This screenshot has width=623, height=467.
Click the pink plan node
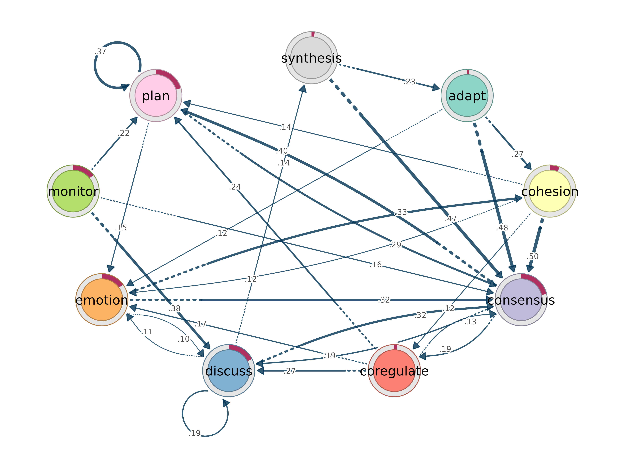(x=156, y=95)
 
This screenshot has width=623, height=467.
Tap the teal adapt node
(x=467, y=95)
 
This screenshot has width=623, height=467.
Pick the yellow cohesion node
(x=550, y=191)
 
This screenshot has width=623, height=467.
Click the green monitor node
(x=73, y=191)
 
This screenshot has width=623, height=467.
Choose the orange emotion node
(x=102, y=300)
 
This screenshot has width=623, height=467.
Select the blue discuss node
(x=229, y=371)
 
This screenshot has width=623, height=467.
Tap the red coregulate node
(x=394, y=371)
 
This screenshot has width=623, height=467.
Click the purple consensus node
(x=521, y=300)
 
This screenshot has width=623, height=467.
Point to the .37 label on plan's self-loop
(x=100, y=51)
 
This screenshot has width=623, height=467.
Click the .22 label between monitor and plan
(x=124, y=133)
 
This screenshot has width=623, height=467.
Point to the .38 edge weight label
(x=175, y=308)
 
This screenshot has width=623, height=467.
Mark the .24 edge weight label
(x=235, y=187)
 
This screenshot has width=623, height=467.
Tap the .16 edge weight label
(x=376, y=265)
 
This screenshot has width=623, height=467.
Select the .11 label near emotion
(x=147, y=332)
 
